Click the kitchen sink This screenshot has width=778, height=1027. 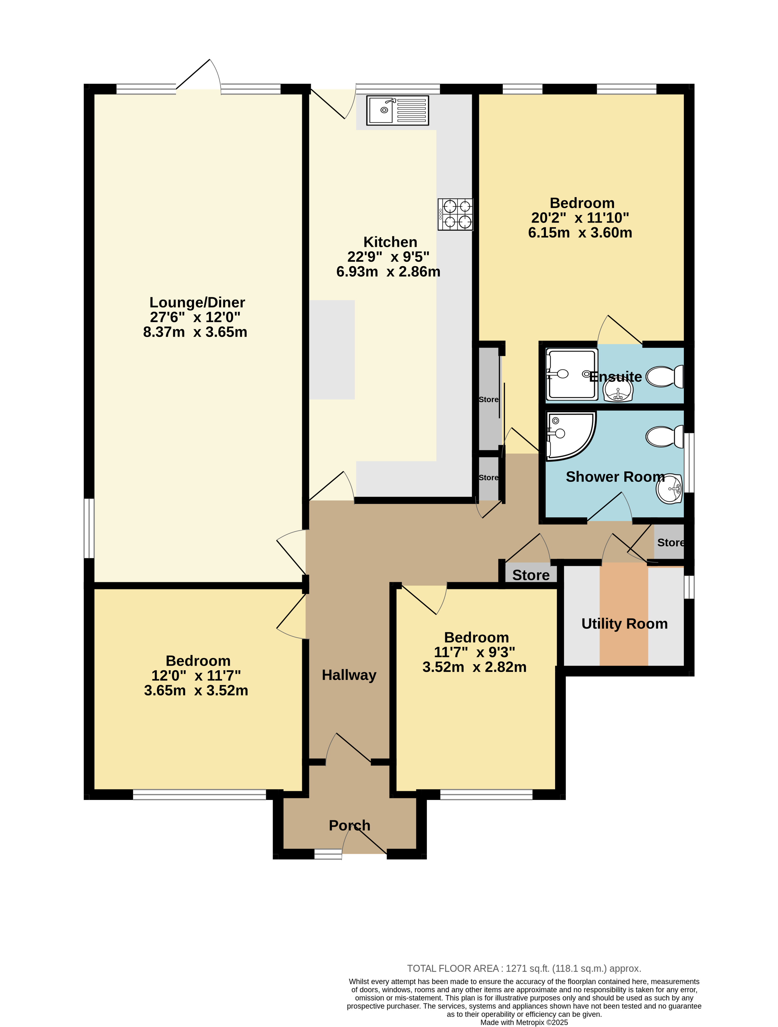click(x=397, y=111)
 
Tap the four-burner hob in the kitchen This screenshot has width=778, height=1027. click(x=455, y=214)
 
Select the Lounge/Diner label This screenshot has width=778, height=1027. click(x=197, y=302)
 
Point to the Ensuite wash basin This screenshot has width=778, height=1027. click(x=618, y=389)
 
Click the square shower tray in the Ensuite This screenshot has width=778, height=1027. click(x=572, y=374)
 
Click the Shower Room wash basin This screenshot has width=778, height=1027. click(x=669, y=489)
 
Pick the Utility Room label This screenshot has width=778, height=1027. click(x=624, y=623)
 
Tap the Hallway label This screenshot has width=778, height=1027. click(x=349, y=675)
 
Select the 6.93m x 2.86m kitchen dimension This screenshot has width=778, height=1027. click(x=388, y=272)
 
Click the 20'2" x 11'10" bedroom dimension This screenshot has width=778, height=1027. click(x=580, y=218)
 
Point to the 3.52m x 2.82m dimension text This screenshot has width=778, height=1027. click(x=475, y=667)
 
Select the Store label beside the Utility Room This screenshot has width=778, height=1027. click(x=671, y=542)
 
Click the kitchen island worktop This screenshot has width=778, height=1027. click(x=332, y=350)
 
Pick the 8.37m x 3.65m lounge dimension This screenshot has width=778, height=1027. click(x=195, y=332)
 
